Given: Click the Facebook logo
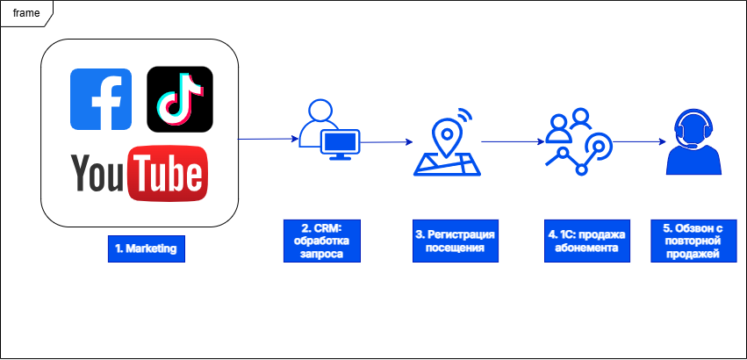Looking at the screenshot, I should point(101,98).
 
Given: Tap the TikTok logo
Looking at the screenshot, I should point(179,98).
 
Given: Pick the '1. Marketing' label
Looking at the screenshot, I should point(146,248).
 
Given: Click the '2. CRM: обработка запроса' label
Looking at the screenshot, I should point(321,241).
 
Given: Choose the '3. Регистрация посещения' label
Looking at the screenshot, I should point(455,241).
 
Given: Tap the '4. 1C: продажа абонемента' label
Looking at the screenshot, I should point(585,241).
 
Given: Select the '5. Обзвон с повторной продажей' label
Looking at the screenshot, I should point(693,241).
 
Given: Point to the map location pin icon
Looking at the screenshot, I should point(448,140).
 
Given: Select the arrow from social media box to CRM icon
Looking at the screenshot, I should point(268,138).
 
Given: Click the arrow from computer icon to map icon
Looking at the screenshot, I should point(386,141).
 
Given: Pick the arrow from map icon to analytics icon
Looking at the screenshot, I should point(512,140).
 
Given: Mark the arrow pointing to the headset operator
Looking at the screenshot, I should point(637,141).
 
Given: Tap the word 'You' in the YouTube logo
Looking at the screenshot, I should point(97,173).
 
